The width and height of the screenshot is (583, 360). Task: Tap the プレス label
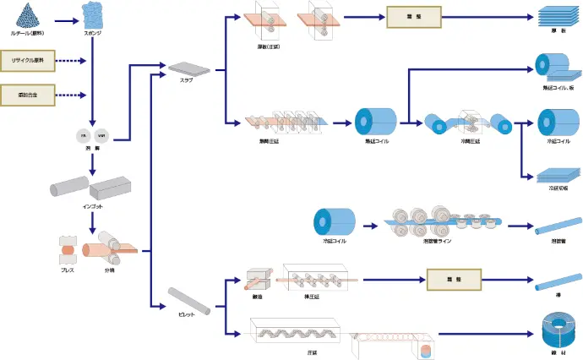click(x=68, y=270)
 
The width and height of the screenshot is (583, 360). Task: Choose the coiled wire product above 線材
click(x=558, y=327)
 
